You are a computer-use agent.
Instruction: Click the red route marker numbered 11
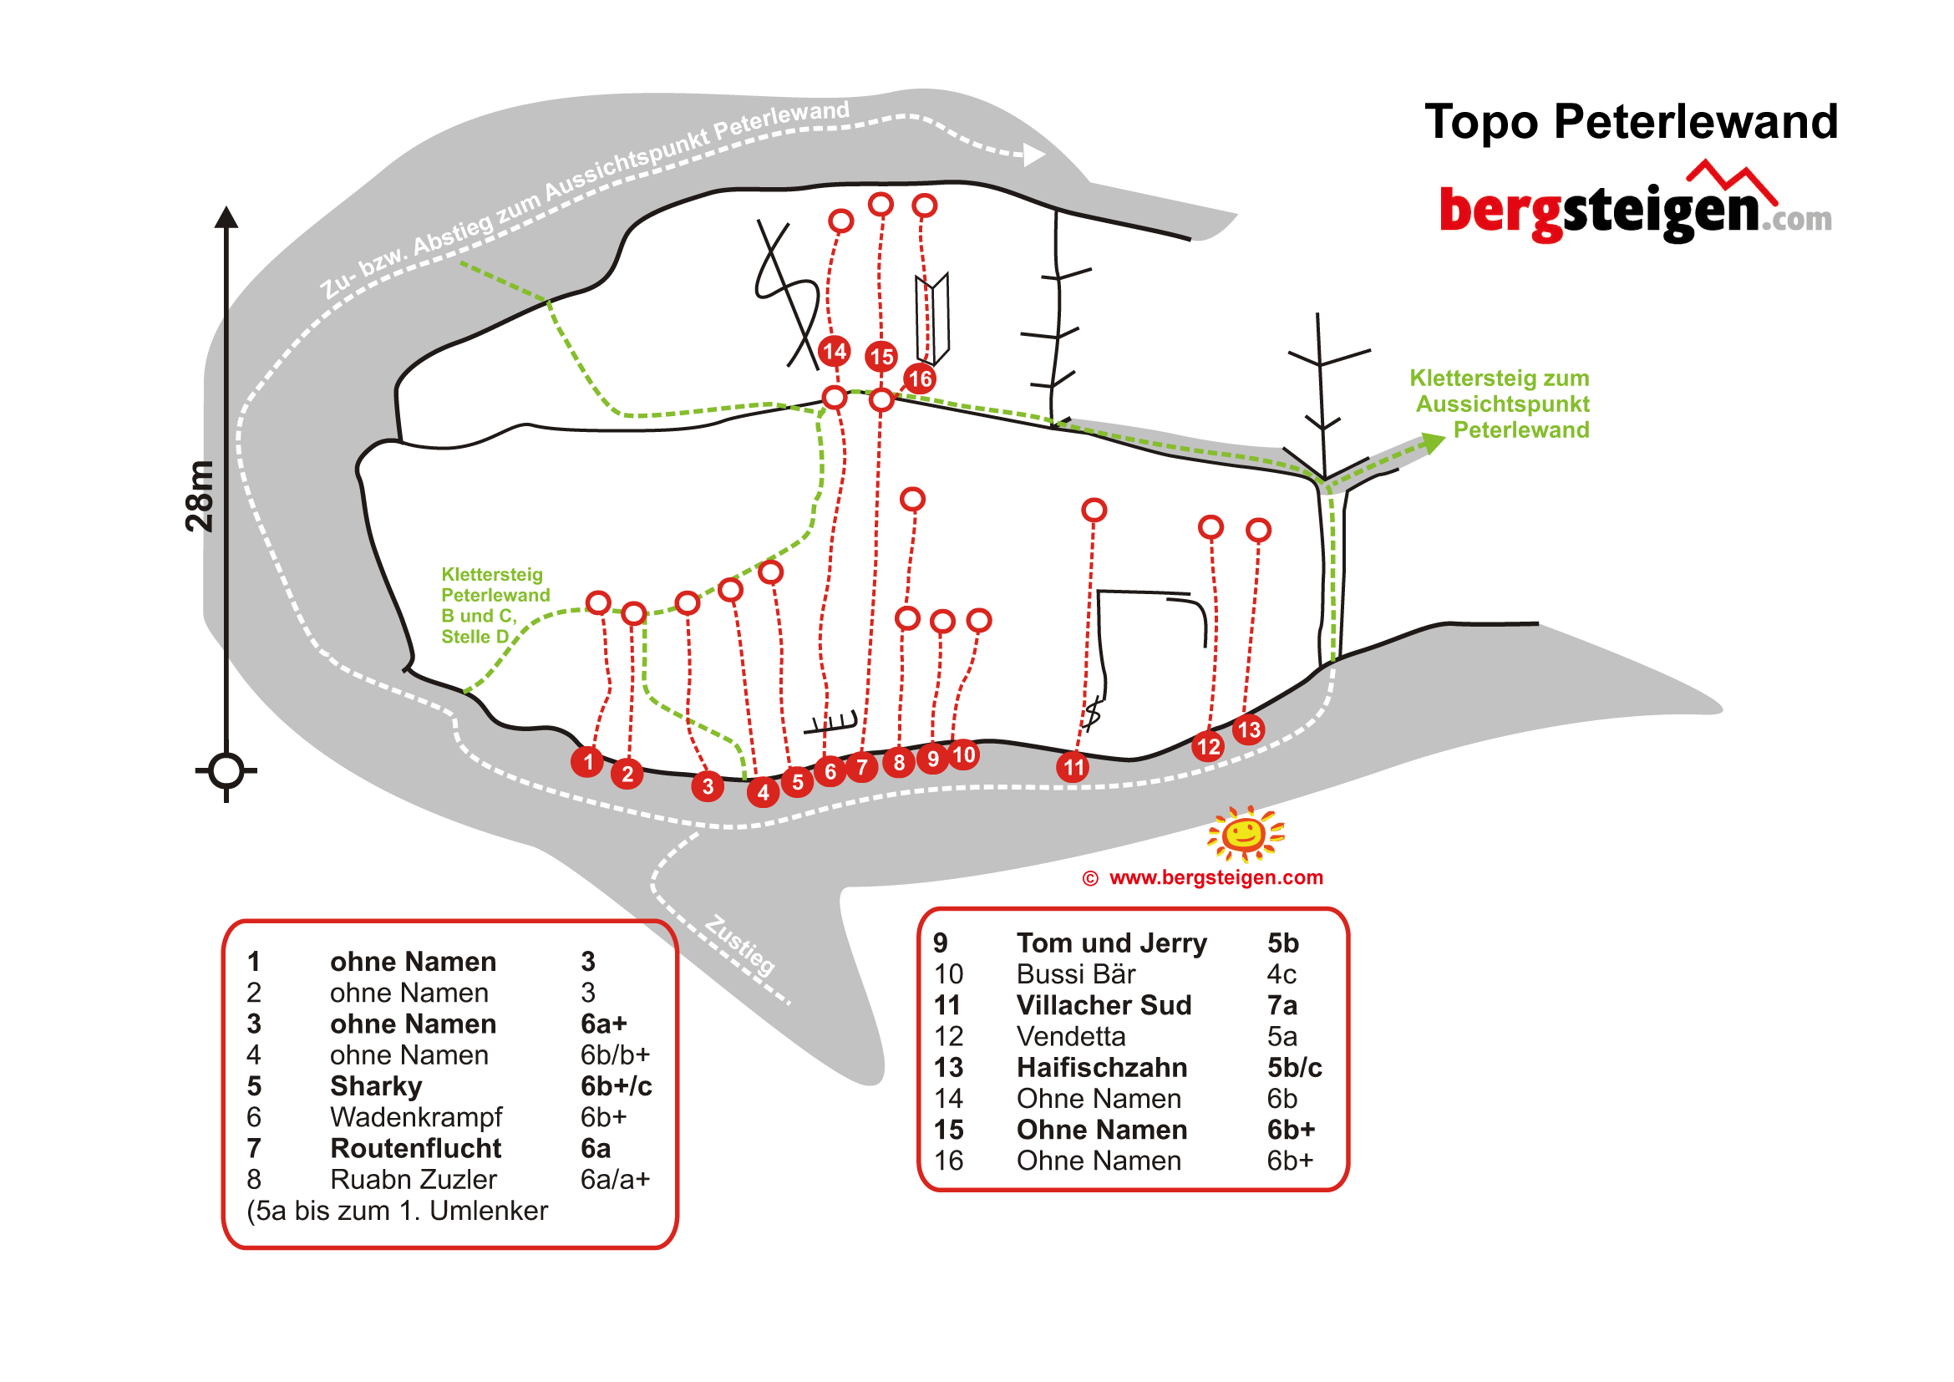point(1074,768)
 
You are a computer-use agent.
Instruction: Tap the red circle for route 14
point(834,351)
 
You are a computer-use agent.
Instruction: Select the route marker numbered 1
point(587,762)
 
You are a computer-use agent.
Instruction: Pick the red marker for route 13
point(1248,729)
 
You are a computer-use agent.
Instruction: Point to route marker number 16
point(920,379)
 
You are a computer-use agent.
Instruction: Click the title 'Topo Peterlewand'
point(1631,122)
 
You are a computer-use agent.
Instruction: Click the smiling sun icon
point(1245,833)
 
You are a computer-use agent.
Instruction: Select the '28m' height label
point(199,496)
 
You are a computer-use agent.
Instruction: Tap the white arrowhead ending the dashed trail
point(1034,155)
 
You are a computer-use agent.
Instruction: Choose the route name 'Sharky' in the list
point(376,1087)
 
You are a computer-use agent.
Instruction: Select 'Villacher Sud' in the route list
point(1104,1005)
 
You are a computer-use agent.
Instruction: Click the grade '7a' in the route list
point(1282,1005)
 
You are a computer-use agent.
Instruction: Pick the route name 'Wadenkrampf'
point(416,1117)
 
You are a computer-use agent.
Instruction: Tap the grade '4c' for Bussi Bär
point(1282,974)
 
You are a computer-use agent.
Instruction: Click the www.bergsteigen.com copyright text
point(1216,877)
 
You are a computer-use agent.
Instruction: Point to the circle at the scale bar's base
point(226,771)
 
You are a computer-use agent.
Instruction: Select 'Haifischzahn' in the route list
point(1101,1067)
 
